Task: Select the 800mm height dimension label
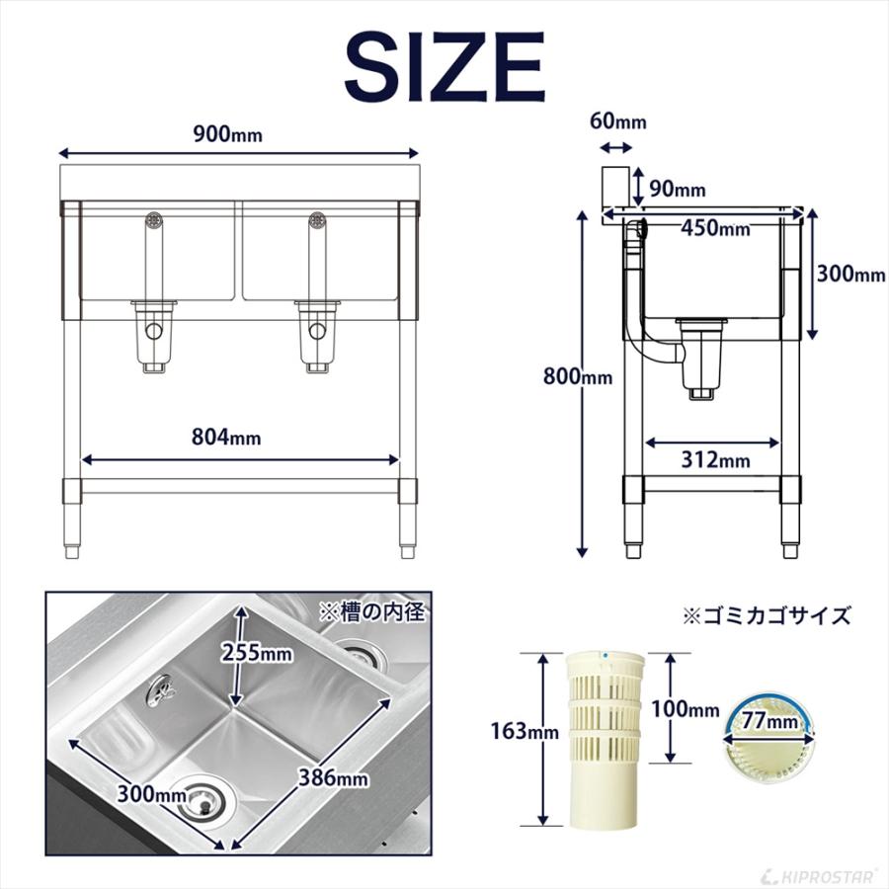pos(577,376)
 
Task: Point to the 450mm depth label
pos(715,228)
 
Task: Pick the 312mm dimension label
pos(714,459)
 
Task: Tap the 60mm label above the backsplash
pos(617,121)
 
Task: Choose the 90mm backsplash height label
pos(677,189)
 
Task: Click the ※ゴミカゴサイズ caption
pos(767,615)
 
